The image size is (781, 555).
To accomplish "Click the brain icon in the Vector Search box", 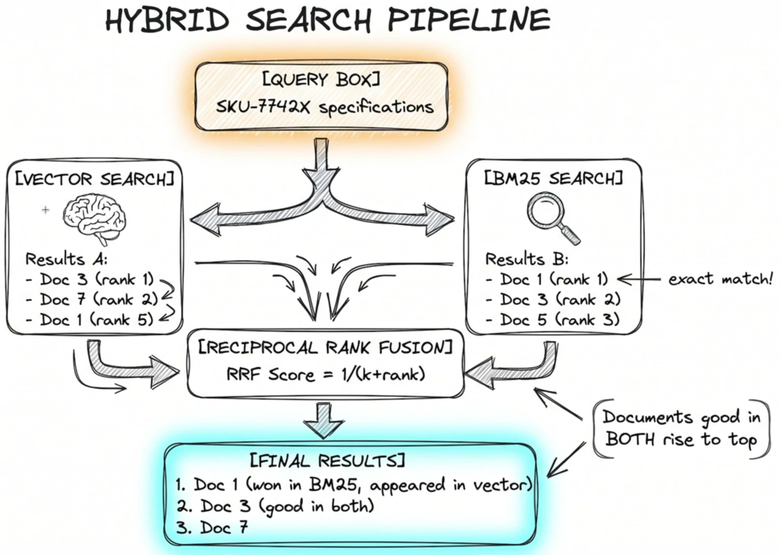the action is tap(94, 218).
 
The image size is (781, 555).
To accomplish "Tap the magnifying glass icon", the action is tap(552, 218).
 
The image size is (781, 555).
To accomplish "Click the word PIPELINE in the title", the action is tap(469, 20).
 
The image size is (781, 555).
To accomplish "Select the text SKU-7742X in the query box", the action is tap(263, 107).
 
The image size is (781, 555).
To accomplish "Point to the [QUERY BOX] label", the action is tap(321, 79).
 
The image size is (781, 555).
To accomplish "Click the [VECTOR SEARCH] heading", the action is tap(94, 179).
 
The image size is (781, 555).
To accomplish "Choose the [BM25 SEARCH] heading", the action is tap(554, 178).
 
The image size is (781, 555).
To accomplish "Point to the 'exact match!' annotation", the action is tap(720, 279).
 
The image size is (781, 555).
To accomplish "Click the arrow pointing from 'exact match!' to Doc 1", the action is tap(639, 279).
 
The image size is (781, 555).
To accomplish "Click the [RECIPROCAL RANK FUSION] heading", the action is tap(326, 348).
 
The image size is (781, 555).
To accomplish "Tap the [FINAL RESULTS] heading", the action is tap(328, 461).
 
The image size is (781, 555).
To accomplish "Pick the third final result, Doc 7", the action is tap(212, 528).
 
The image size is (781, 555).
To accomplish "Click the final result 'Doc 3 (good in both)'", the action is tap(275, 507).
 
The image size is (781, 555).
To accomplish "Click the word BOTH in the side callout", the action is tap(630, 439).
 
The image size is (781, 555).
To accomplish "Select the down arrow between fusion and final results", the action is tap(324, 421).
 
